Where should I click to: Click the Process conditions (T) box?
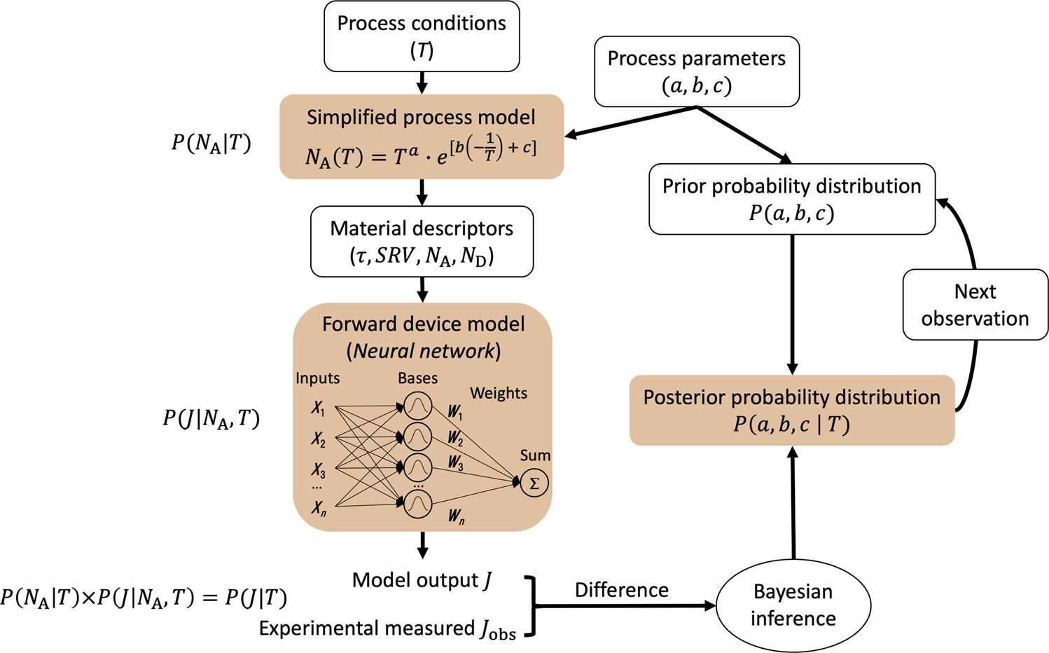[422, 36]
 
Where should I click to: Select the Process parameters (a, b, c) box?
[696, 71]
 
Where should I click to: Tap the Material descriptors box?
[422, 242]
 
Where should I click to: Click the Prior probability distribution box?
[791, 199]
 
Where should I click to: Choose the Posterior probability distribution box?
[791, 411]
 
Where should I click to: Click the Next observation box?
[975, 305]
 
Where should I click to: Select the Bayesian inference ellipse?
[793, 605]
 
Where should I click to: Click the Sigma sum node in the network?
[534, 483]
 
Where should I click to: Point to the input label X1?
[319, 408]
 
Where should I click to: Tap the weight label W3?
[456, 463]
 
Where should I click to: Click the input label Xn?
[319, 508]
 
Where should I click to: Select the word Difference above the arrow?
[621, 590]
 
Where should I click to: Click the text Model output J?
[422, 580]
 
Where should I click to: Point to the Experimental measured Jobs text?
[387, 628]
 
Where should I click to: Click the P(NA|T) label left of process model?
[211, 143]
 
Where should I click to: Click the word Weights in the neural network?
[499, 393]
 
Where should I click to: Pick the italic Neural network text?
[424, 351]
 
